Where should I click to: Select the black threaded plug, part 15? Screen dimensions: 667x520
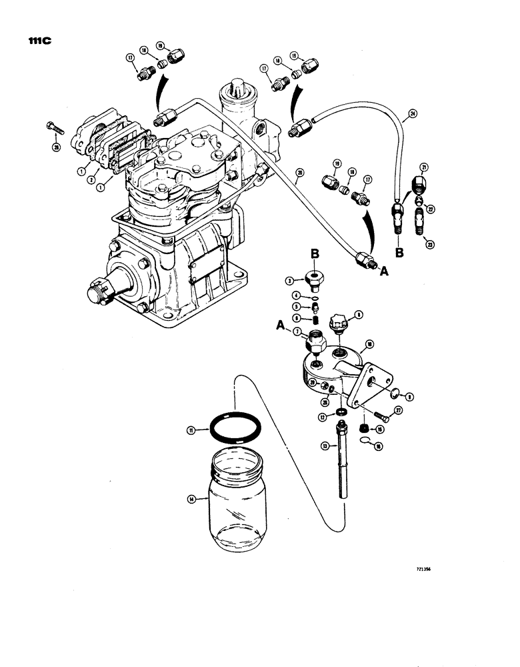point(365,428)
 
